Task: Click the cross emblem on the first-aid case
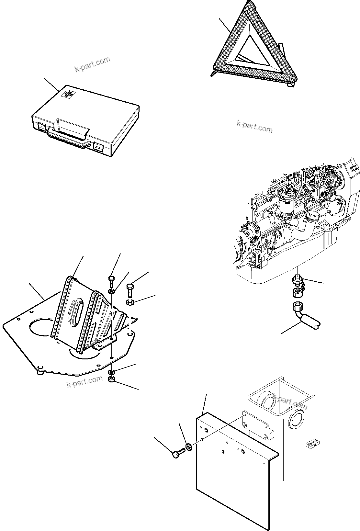click(x=68, y=94)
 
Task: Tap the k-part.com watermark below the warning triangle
click(x=255, y=127)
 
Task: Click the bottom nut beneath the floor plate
click(x=111, y=379)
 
